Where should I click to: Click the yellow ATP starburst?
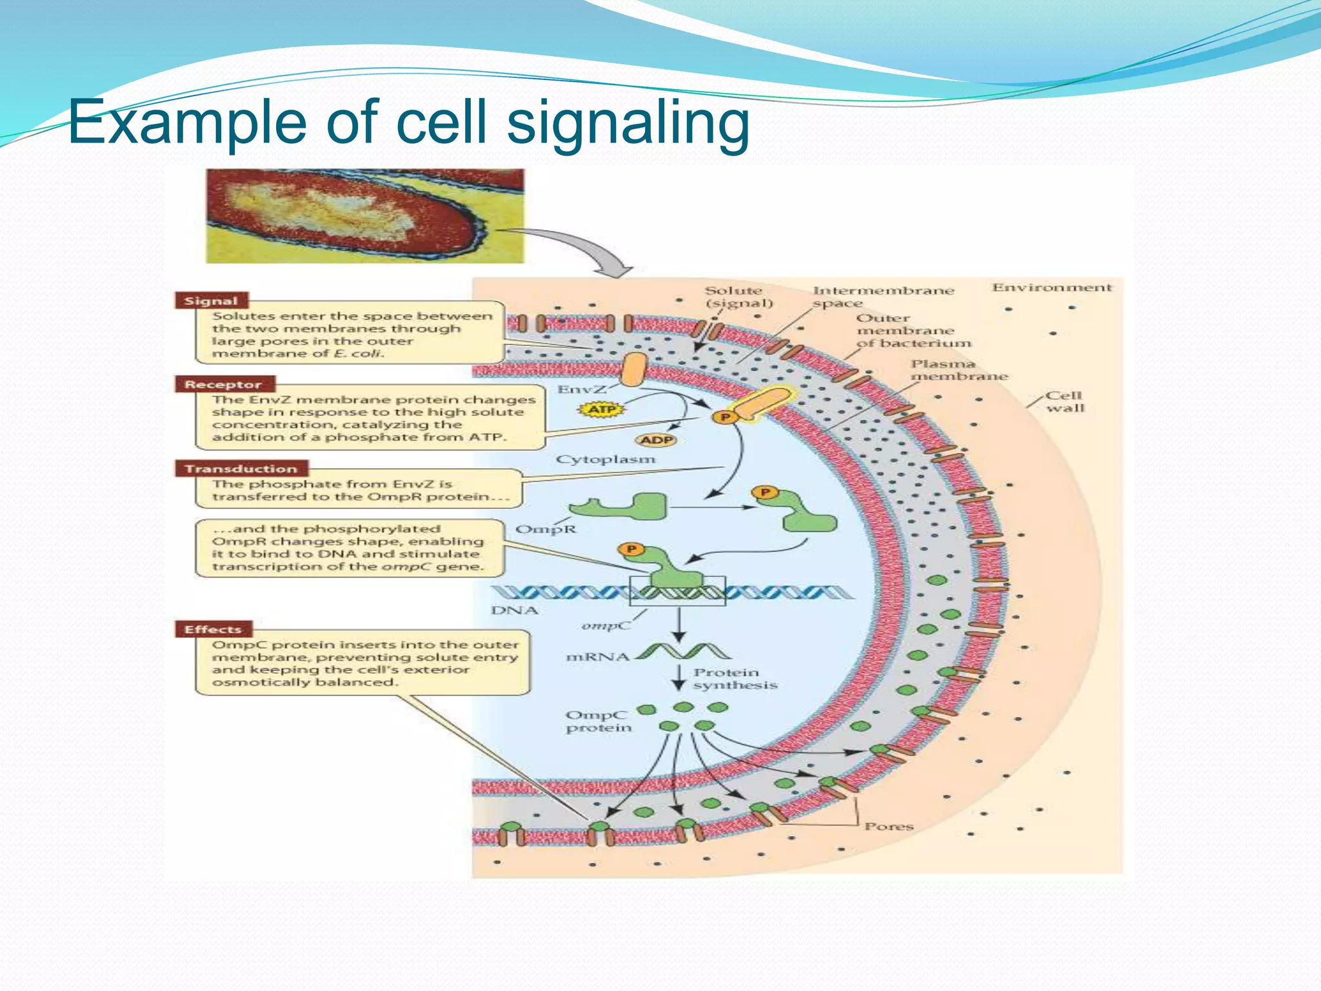click(601, 409)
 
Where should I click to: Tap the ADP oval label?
click(657, 440)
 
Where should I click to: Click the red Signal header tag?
click(211, 301)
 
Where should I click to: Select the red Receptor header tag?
click(224, 385)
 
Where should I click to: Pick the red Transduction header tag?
click(241, 468)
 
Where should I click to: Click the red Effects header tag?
click(213, 629)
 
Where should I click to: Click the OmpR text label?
click(545, 529)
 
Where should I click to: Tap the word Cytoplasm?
click(605, 459)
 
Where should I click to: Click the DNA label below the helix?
click(514, 610)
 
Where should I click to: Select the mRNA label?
click(597, 657)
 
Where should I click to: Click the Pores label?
click(888, 826)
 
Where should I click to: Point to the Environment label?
click(1051, 288)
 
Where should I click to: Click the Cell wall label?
click(1064, 401)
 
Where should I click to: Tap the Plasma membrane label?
click(958, 370)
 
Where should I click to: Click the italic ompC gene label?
click(605, 626)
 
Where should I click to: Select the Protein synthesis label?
click(735, 679)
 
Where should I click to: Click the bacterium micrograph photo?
click(364, 215)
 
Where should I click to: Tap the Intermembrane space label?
click(882, 297)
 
